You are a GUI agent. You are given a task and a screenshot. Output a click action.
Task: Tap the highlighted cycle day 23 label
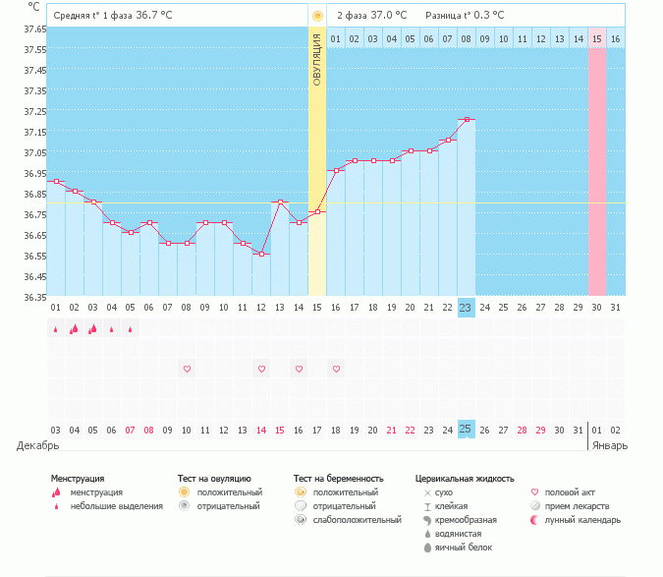(x=467, y=308)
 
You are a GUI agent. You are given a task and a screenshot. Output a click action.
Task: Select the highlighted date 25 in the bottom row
(x=467, y=430)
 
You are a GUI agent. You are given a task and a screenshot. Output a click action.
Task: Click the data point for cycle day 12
(x=261, y=255)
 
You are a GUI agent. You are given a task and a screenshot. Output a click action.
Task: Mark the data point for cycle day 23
(x=467, y=120)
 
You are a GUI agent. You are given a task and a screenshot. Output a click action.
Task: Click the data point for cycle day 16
(x=336, y=171)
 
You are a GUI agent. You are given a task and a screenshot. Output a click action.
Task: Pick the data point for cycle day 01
(x=56, y=182)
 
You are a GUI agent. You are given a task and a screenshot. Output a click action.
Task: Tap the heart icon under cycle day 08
(x=187, y=369)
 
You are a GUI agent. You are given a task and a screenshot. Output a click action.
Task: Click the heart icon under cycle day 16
(x=336, y=369)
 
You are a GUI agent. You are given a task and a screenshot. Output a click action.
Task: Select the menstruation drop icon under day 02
(x=74, y=329)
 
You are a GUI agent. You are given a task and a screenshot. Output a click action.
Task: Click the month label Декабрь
(x=37, y=445)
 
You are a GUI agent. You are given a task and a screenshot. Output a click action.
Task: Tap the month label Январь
(x=609, y=445)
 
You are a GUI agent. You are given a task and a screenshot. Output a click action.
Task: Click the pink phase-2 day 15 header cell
(x=597, y=38)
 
